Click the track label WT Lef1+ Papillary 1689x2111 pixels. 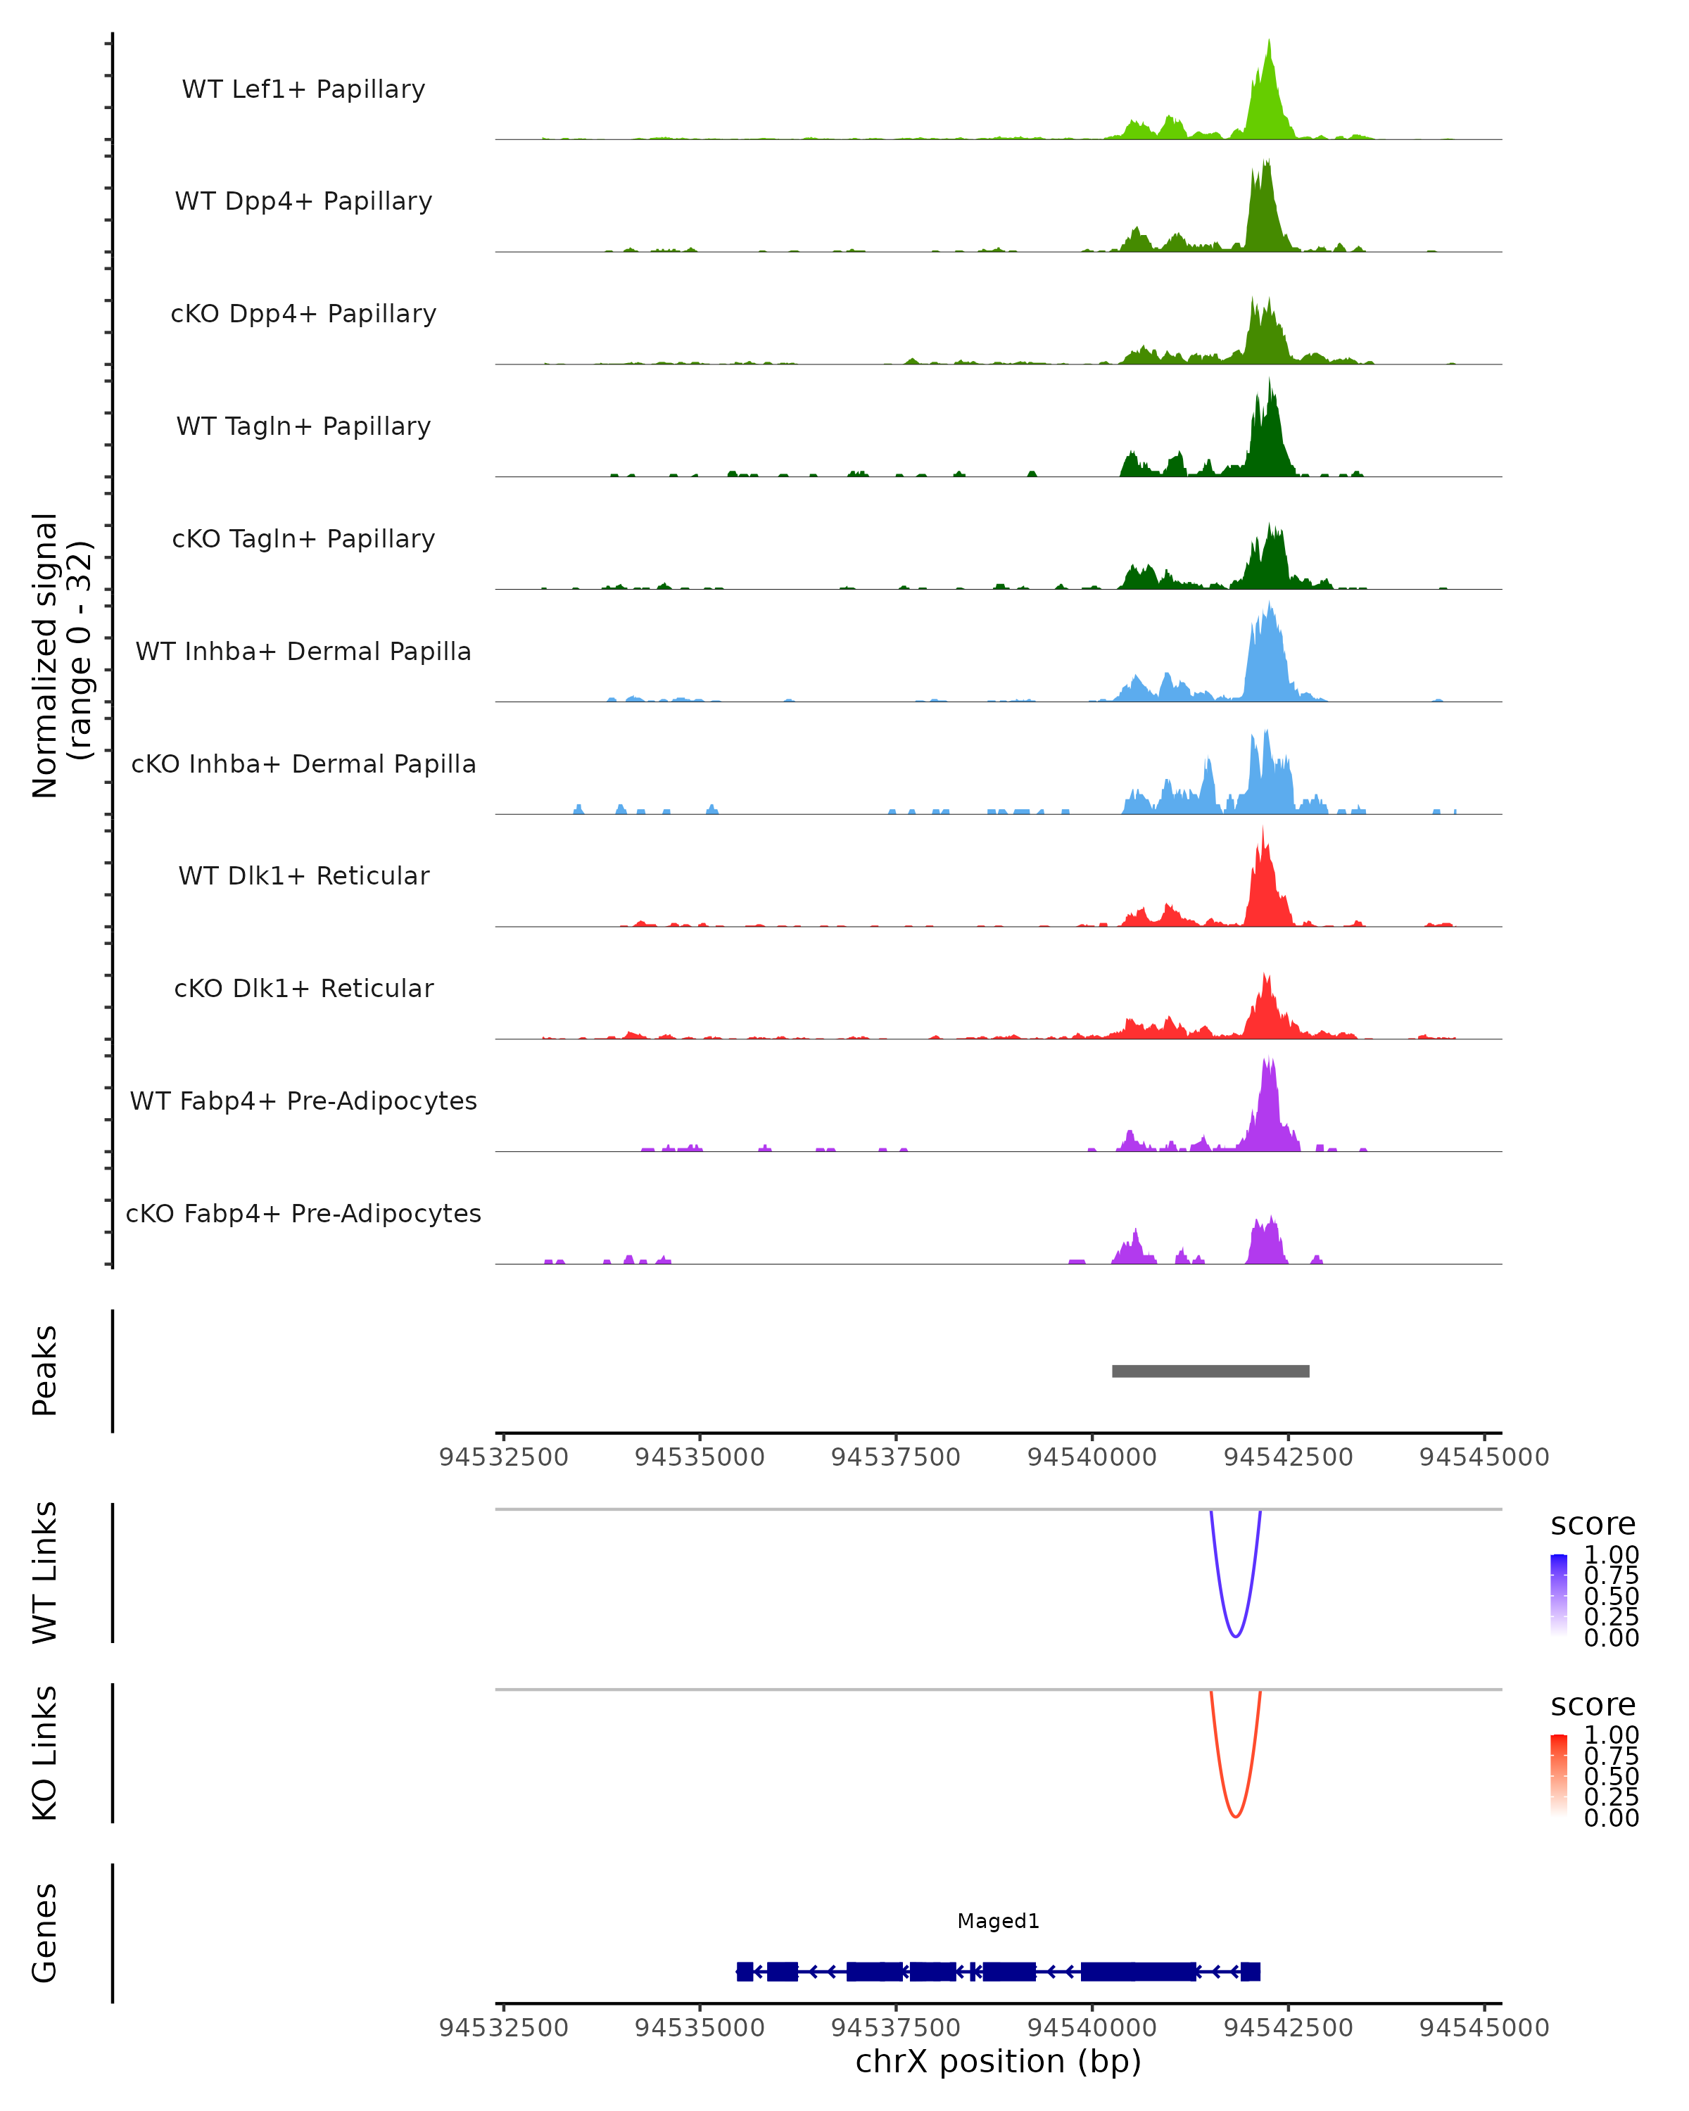click(303, 89)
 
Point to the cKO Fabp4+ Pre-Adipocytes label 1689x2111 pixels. click(303, 1213)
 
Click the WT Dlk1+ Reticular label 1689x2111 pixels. click(303, 875)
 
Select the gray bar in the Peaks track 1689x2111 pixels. click(1210, 1371)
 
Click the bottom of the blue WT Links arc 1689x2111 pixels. click(1236, 1636)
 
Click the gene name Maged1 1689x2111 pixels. click(998, 1921)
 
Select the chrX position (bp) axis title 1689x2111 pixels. click(998, 2061)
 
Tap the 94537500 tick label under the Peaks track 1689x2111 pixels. click(895, 1457)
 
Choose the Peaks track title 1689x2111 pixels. click(45, 1371)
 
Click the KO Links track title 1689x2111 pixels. click(45, 1753)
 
